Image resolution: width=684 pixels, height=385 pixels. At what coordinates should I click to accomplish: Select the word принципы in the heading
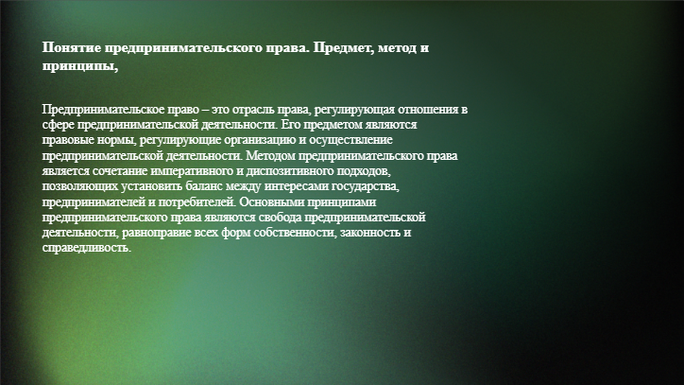80,67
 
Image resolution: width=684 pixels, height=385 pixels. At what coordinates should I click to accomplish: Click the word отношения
429,109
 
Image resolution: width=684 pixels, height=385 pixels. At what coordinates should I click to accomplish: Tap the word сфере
59,125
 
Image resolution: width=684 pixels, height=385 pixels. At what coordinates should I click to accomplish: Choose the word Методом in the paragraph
271,156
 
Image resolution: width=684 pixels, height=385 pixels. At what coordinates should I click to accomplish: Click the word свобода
280,218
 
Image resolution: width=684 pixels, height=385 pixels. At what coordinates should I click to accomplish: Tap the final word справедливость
86,248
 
